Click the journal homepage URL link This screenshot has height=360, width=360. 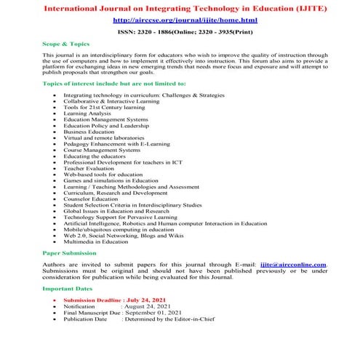coord(180,20)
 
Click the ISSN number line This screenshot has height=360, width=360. coord(180,33)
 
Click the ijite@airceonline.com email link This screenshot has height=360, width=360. coord(295,264)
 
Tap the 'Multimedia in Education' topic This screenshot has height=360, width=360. coord(95,241)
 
